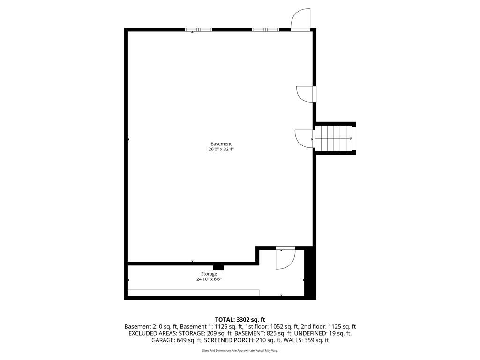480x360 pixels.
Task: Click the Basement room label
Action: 221,144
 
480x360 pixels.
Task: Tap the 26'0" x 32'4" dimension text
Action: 221,150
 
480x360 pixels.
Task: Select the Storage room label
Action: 209,274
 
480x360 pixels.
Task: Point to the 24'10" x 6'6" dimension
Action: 209,279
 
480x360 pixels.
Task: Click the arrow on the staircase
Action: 349,138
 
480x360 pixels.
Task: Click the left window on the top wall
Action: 198,30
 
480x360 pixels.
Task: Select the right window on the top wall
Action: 266,30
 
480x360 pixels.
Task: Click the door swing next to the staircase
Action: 304,138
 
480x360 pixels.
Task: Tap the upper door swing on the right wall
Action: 306,94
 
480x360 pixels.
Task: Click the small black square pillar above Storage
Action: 218,268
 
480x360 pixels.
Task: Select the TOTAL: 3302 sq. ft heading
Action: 240,319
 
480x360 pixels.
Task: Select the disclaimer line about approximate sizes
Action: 240,350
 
